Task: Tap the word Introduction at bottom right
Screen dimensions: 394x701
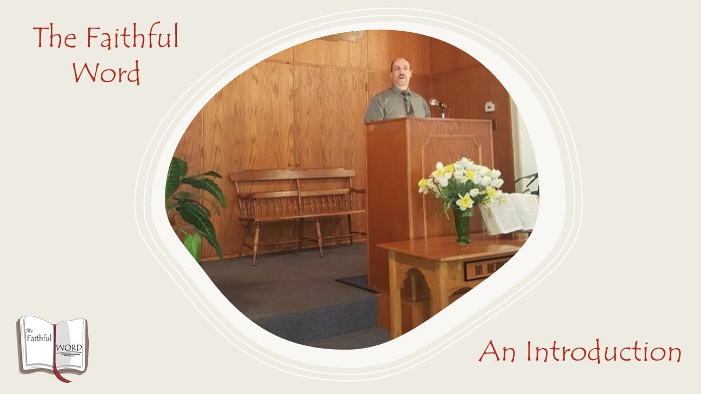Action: [604, 352]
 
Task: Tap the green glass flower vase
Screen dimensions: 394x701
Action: [462, 225]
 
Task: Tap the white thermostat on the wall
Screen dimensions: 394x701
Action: [490, 106]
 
